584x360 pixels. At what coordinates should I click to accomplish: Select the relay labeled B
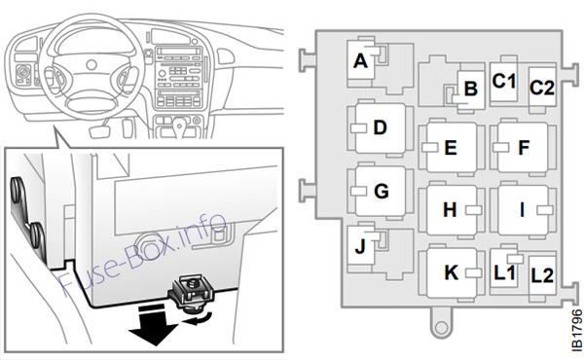pyautogui.click(x=471, y=89)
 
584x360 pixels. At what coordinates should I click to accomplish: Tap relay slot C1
pyautogui.click(x=503, y=81)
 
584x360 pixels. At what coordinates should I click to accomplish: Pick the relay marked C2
pyautogui.click(x=542, y=88)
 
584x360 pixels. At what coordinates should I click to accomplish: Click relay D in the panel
pyautogui.click(x=381, y=127)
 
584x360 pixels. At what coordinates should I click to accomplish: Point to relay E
pyautogui.click(x=452, y=147)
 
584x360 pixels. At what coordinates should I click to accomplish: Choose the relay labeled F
pyautogui.click(x=523, y=147)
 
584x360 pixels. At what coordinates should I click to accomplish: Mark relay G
pyautogui.click(x=381, y=191)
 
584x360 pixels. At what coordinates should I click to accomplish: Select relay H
pyautogui.click(x=452, y=210)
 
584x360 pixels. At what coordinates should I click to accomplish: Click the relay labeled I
pyautogui.click(x=523, y=210)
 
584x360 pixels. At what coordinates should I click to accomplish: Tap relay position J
pyautogui.click(x=361, y=246)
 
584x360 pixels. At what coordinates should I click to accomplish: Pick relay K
pyautogui.click(x=452, y=272)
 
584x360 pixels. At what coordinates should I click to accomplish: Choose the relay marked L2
pyautogui.click(x=542, y=275)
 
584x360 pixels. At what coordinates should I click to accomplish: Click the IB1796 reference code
pyautogui.click(x=577, y=329)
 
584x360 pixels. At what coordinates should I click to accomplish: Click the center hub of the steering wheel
pyautogui.click(x=91, y=65)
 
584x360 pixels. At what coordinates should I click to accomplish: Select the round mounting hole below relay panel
pyautogui.click(x=441, y=328)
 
